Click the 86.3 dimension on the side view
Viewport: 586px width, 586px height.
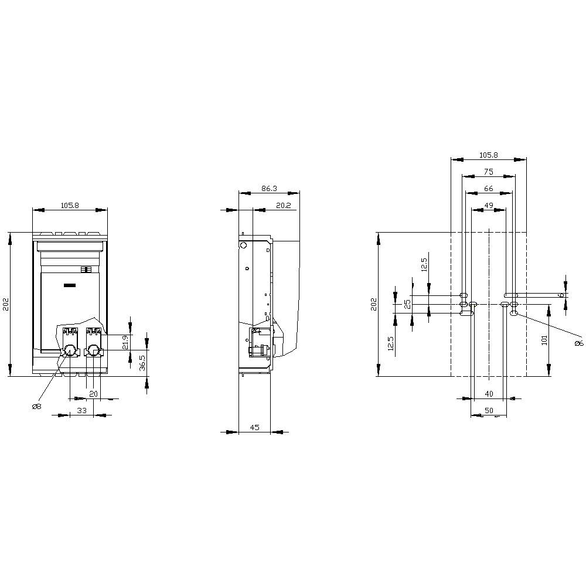coord(269,189)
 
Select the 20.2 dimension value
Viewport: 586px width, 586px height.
coord(283,205)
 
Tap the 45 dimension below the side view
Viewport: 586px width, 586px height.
coord(255,427)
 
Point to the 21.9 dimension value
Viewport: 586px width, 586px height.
coord(125,342)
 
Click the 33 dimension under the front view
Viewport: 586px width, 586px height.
coord(82,411)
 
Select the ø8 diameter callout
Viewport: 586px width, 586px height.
coord(36,406)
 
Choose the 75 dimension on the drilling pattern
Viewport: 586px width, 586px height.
coord(489,172)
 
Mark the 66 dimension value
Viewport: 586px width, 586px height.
coord(489,188)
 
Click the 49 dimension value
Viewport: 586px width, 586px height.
coord(489,205)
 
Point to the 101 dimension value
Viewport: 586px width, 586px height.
coord(544,340)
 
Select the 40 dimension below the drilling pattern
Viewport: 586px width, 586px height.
coord(489,393)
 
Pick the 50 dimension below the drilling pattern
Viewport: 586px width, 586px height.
coord(489,410)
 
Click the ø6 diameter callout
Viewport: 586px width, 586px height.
coord(578,343)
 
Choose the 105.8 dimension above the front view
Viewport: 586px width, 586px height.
coord(70,205)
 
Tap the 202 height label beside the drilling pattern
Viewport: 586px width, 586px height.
coord(374,304)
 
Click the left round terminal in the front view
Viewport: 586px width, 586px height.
coord(69,350)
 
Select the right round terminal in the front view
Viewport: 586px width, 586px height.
coord(92,350)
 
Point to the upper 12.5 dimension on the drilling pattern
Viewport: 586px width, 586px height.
coord(424,264)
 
